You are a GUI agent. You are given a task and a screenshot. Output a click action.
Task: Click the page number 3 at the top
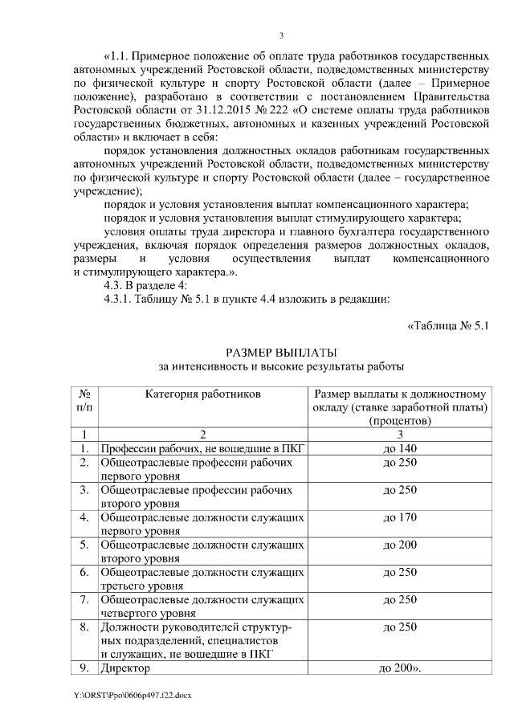pyautogui.click(x=281, y=35)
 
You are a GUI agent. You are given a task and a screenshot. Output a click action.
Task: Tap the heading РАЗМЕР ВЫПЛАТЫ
pyautogui.click(x=281, y=352)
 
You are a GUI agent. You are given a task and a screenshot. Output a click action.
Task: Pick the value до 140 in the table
pyautogui.click(x=399, y=447)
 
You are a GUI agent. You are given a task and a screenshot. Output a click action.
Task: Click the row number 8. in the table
pyautogui.click(x=84, y=627)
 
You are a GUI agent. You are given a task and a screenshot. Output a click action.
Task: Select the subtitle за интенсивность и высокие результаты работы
pyautogui.click(x=281, y=366)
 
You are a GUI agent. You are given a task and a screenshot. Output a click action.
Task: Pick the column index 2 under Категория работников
pyautogui.click(x=203, y=434)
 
